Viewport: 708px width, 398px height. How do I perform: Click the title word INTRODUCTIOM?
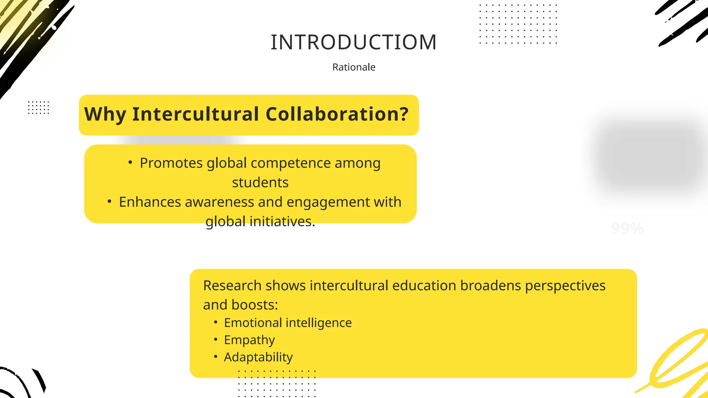click(354, 42)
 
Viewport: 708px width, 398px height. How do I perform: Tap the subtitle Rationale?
click(354, 67)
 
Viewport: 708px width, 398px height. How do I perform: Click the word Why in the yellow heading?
click(105, 114)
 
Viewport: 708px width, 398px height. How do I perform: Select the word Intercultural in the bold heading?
click(195, 114)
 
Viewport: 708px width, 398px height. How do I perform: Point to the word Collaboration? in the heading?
click(337, 114)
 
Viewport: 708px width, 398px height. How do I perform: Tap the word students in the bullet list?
click(260, 182)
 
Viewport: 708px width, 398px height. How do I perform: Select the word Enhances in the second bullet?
click(150, 202)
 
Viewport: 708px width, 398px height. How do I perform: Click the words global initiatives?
click(260, 221)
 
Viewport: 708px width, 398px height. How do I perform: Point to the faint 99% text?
click(627, 229)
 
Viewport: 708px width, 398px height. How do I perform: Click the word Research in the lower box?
click(232, 286)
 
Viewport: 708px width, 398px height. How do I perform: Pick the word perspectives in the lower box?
click(565, 286)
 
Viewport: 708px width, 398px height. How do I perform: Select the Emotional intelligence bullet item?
click(288, 323)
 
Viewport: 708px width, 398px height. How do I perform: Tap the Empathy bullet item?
click(249, 340)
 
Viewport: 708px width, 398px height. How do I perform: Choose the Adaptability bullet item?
click(258, 357)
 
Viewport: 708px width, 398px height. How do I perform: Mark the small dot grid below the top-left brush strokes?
click(38, 107)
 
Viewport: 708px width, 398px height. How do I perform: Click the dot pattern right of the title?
click(518, 24)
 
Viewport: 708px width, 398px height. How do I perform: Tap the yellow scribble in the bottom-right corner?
click(678, 363)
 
